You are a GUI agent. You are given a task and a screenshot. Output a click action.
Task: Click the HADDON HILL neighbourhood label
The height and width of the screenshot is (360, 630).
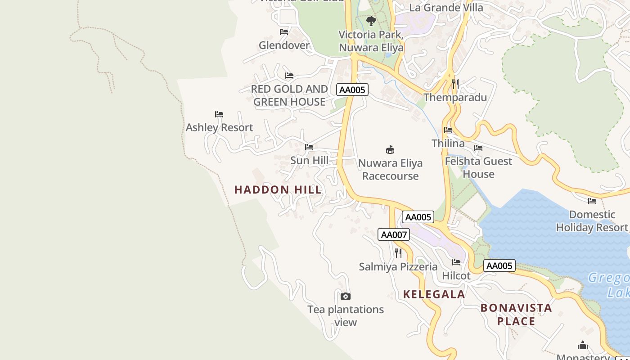click(278, 189)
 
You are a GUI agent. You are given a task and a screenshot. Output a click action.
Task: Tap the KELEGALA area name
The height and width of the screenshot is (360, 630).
click(434, 294)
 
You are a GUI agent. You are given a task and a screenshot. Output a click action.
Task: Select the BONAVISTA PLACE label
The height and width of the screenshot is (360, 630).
click(516, 314)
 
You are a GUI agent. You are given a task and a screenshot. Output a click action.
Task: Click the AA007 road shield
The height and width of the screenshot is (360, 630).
click(394, 234)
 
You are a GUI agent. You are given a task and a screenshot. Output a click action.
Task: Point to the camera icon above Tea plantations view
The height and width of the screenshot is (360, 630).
click(346, 296)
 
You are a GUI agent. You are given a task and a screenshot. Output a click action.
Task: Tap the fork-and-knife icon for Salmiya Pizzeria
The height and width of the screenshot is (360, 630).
click(398, 253)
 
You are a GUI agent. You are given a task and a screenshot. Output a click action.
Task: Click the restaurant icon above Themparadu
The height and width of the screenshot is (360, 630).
click(455, 84)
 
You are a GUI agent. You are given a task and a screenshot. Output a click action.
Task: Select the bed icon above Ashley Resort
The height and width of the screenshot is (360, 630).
click(219, 114)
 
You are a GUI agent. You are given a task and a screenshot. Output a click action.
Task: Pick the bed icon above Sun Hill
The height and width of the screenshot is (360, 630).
click(309, 147)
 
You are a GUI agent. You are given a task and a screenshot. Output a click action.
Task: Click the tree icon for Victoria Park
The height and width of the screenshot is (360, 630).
click(371, 21)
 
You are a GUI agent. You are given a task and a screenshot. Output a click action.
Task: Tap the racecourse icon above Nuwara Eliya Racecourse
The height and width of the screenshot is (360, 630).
click(390, 149)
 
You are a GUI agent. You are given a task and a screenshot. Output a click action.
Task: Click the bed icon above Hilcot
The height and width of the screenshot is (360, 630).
click(456, 262)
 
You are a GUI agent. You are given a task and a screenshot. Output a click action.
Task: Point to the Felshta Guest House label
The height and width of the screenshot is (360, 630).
click(478, 167)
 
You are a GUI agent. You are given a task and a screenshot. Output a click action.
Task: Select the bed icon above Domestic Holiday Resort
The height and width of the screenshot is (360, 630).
click(592, 201)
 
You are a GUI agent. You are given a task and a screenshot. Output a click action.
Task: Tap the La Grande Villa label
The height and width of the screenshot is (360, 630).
click(446, 8)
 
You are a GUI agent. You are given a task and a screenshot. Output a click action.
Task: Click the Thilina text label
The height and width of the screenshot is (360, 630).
click(448, 144)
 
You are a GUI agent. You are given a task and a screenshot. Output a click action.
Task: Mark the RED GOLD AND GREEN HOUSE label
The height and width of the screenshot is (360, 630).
click(289, 95)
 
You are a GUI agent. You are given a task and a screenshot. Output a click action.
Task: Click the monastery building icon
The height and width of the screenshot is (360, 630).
click(583, 346)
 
